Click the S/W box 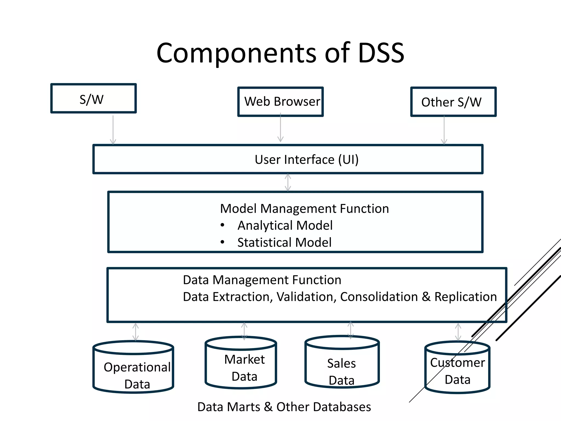tap(93, 99)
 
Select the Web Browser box tap(280, 102)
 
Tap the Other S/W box tap(453, 102)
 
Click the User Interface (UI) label tap(307, 160)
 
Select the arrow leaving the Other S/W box tap(444, 130)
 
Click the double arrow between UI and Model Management tap(288, 182)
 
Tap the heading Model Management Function tap(304, 209)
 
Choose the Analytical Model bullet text tap(285, 226)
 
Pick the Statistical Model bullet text tap(284, 243)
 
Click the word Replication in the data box tap(465, 297)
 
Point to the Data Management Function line tap(262, 280)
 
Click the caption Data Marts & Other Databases tap(284, 407)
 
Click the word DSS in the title tap(381, 53)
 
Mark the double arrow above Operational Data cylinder tap(136, 332)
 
